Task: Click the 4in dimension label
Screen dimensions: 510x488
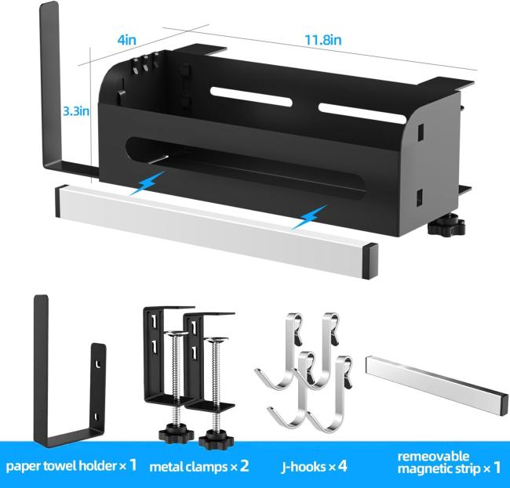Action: pos(126,40)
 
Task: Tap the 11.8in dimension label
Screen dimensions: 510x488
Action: pos(323,40)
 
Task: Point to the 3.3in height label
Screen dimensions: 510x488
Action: pos(76,111)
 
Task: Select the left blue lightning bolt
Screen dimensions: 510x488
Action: pos(147,183)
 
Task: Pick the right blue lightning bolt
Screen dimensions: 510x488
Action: pos(309,217)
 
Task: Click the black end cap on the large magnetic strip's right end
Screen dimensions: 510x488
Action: pos(371,262)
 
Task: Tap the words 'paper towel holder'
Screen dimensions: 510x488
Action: pos(61,466)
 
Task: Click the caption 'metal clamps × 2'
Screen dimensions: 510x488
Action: pos(199,467)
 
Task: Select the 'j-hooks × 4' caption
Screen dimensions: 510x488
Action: pos(314,467)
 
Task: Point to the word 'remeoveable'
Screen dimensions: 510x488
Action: pos(433,457)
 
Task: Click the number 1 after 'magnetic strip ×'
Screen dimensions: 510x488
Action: pos(497,468)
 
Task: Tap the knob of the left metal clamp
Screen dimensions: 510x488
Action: pos(177,433)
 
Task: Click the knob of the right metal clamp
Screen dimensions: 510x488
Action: pos(216,440)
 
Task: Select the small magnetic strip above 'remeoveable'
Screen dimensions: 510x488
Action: pos(437,385)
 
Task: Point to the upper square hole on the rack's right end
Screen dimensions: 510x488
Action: pos(421,132)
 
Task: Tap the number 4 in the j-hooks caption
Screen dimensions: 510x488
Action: pos(342,467)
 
